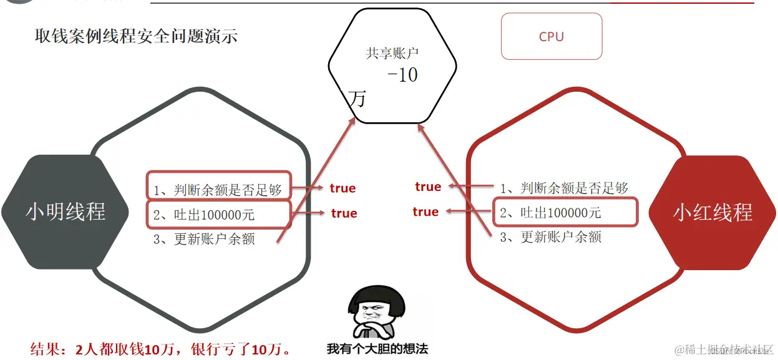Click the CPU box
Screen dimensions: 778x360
click(x=552, y=37)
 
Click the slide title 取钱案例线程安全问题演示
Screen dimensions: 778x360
click(x=136, y=36)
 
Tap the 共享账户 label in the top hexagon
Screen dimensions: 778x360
click(x=392, y=54)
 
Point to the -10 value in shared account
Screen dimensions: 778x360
click(x=402, y=75)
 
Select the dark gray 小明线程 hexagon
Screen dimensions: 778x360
click(x=66, y=212)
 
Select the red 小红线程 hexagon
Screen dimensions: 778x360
click(x=712, y=213)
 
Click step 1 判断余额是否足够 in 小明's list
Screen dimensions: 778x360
click(x=218, y=189)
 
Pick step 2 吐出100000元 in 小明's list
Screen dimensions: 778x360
click(x=204, y=215)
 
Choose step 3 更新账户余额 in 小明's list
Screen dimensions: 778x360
click(x=204, y=239)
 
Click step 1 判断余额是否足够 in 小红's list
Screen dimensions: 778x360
click(x=564, y=188)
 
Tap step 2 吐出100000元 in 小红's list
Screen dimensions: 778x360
click(x=550, y=213)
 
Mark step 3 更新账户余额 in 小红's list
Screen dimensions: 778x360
click(x=550, y=237)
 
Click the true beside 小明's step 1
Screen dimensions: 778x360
click(x=343, y=188)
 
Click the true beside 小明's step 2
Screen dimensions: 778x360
click(x=344, y=213)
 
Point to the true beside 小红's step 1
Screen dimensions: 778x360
click(x=428, y=187)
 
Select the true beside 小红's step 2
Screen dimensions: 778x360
click(x=425, y=212)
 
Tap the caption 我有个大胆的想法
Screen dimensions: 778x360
click(x=377, y=349)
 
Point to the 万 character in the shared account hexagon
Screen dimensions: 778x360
click(x=358, y=99)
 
